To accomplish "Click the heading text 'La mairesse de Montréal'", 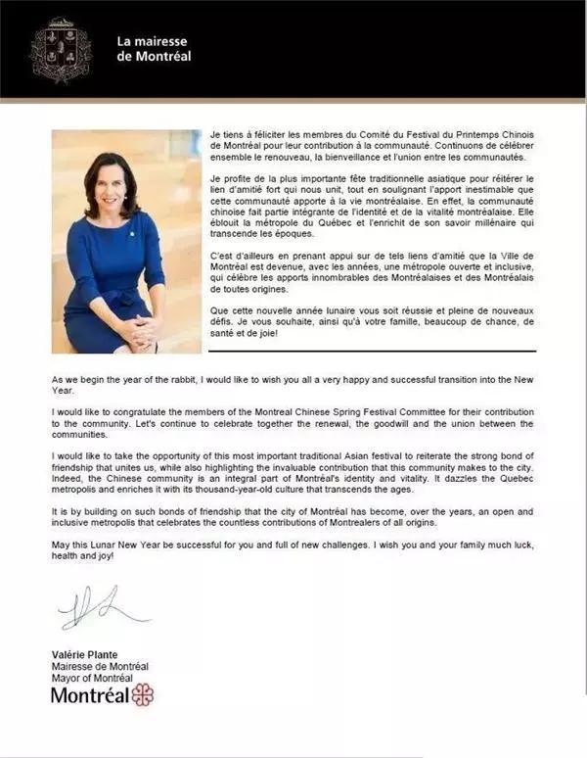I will pyautogui.click(x=154, y=48).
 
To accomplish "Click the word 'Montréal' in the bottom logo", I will pyautogui.click(x=89, y=695).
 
